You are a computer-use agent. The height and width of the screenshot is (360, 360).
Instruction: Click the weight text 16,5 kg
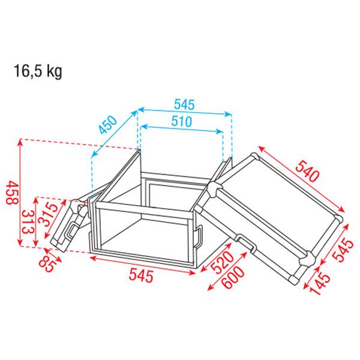pyautogui.click(x=38, y=71)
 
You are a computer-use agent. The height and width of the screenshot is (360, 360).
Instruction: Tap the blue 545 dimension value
pyautogui.click(x=184, y=104)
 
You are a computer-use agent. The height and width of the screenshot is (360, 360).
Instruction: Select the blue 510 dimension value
pyautogui.click(x=181, y=121)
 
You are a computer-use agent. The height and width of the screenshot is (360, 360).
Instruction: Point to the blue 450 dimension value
pyautogui.click(x=108, y=125)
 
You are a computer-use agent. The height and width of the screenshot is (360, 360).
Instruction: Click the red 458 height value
pyautogui.click(x=12, y=193)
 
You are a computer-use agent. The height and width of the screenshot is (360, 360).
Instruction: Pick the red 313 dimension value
pyautogui.click(x=27, y=222)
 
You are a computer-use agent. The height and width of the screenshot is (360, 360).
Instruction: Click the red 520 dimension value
pyautogui.click(x=222, y=262)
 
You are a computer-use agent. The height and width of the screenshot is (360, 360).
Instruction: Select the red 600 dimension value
pyautogui.click(x=233, y=277)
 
